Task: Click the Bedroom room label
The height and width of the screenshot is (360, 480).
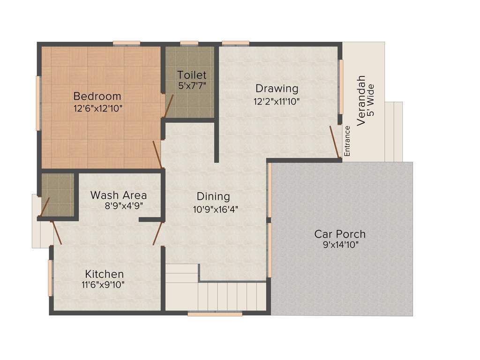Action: pos(97,96)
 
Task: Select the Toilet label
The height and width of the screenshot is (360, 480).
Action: pos(192,75)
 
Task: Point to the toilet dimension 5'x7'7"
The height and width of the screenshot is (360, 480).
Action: pos(192,85)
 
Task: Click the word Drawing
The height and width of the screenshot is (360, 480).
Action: pos(277,88)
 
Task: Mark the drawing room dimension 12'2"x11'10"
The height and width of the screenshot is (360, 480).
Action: pos(277,100)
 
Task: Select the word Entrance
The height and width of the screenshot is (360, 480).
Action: pos(347,141)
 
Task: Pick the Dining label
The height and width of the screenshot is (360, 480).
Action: pos(213,196)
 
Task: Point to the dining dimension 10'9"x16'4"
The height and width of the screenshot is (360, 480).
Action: pos(215,209)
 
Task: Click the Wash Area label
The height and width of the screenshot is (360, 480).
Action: pos(119,195)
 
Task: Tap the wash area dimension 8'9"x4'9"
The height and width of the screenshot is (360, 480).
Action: pos(123,205)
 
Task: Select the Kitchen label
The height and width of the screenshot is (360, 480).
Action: pos(105,274)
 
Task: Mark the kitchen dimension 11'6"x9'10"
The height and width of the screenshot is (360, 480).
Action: pos(103,284)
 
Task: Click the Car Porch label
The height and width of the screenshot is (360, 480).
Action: pos(340,234)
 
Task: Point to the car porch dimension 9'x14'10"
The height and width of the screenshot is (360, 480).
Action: pos(340,245)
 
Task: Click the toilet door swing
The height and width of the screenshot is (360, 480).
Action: pos(168,106)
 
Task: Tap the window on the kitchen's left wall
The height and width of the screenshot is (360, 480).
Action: pos(50,277)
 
